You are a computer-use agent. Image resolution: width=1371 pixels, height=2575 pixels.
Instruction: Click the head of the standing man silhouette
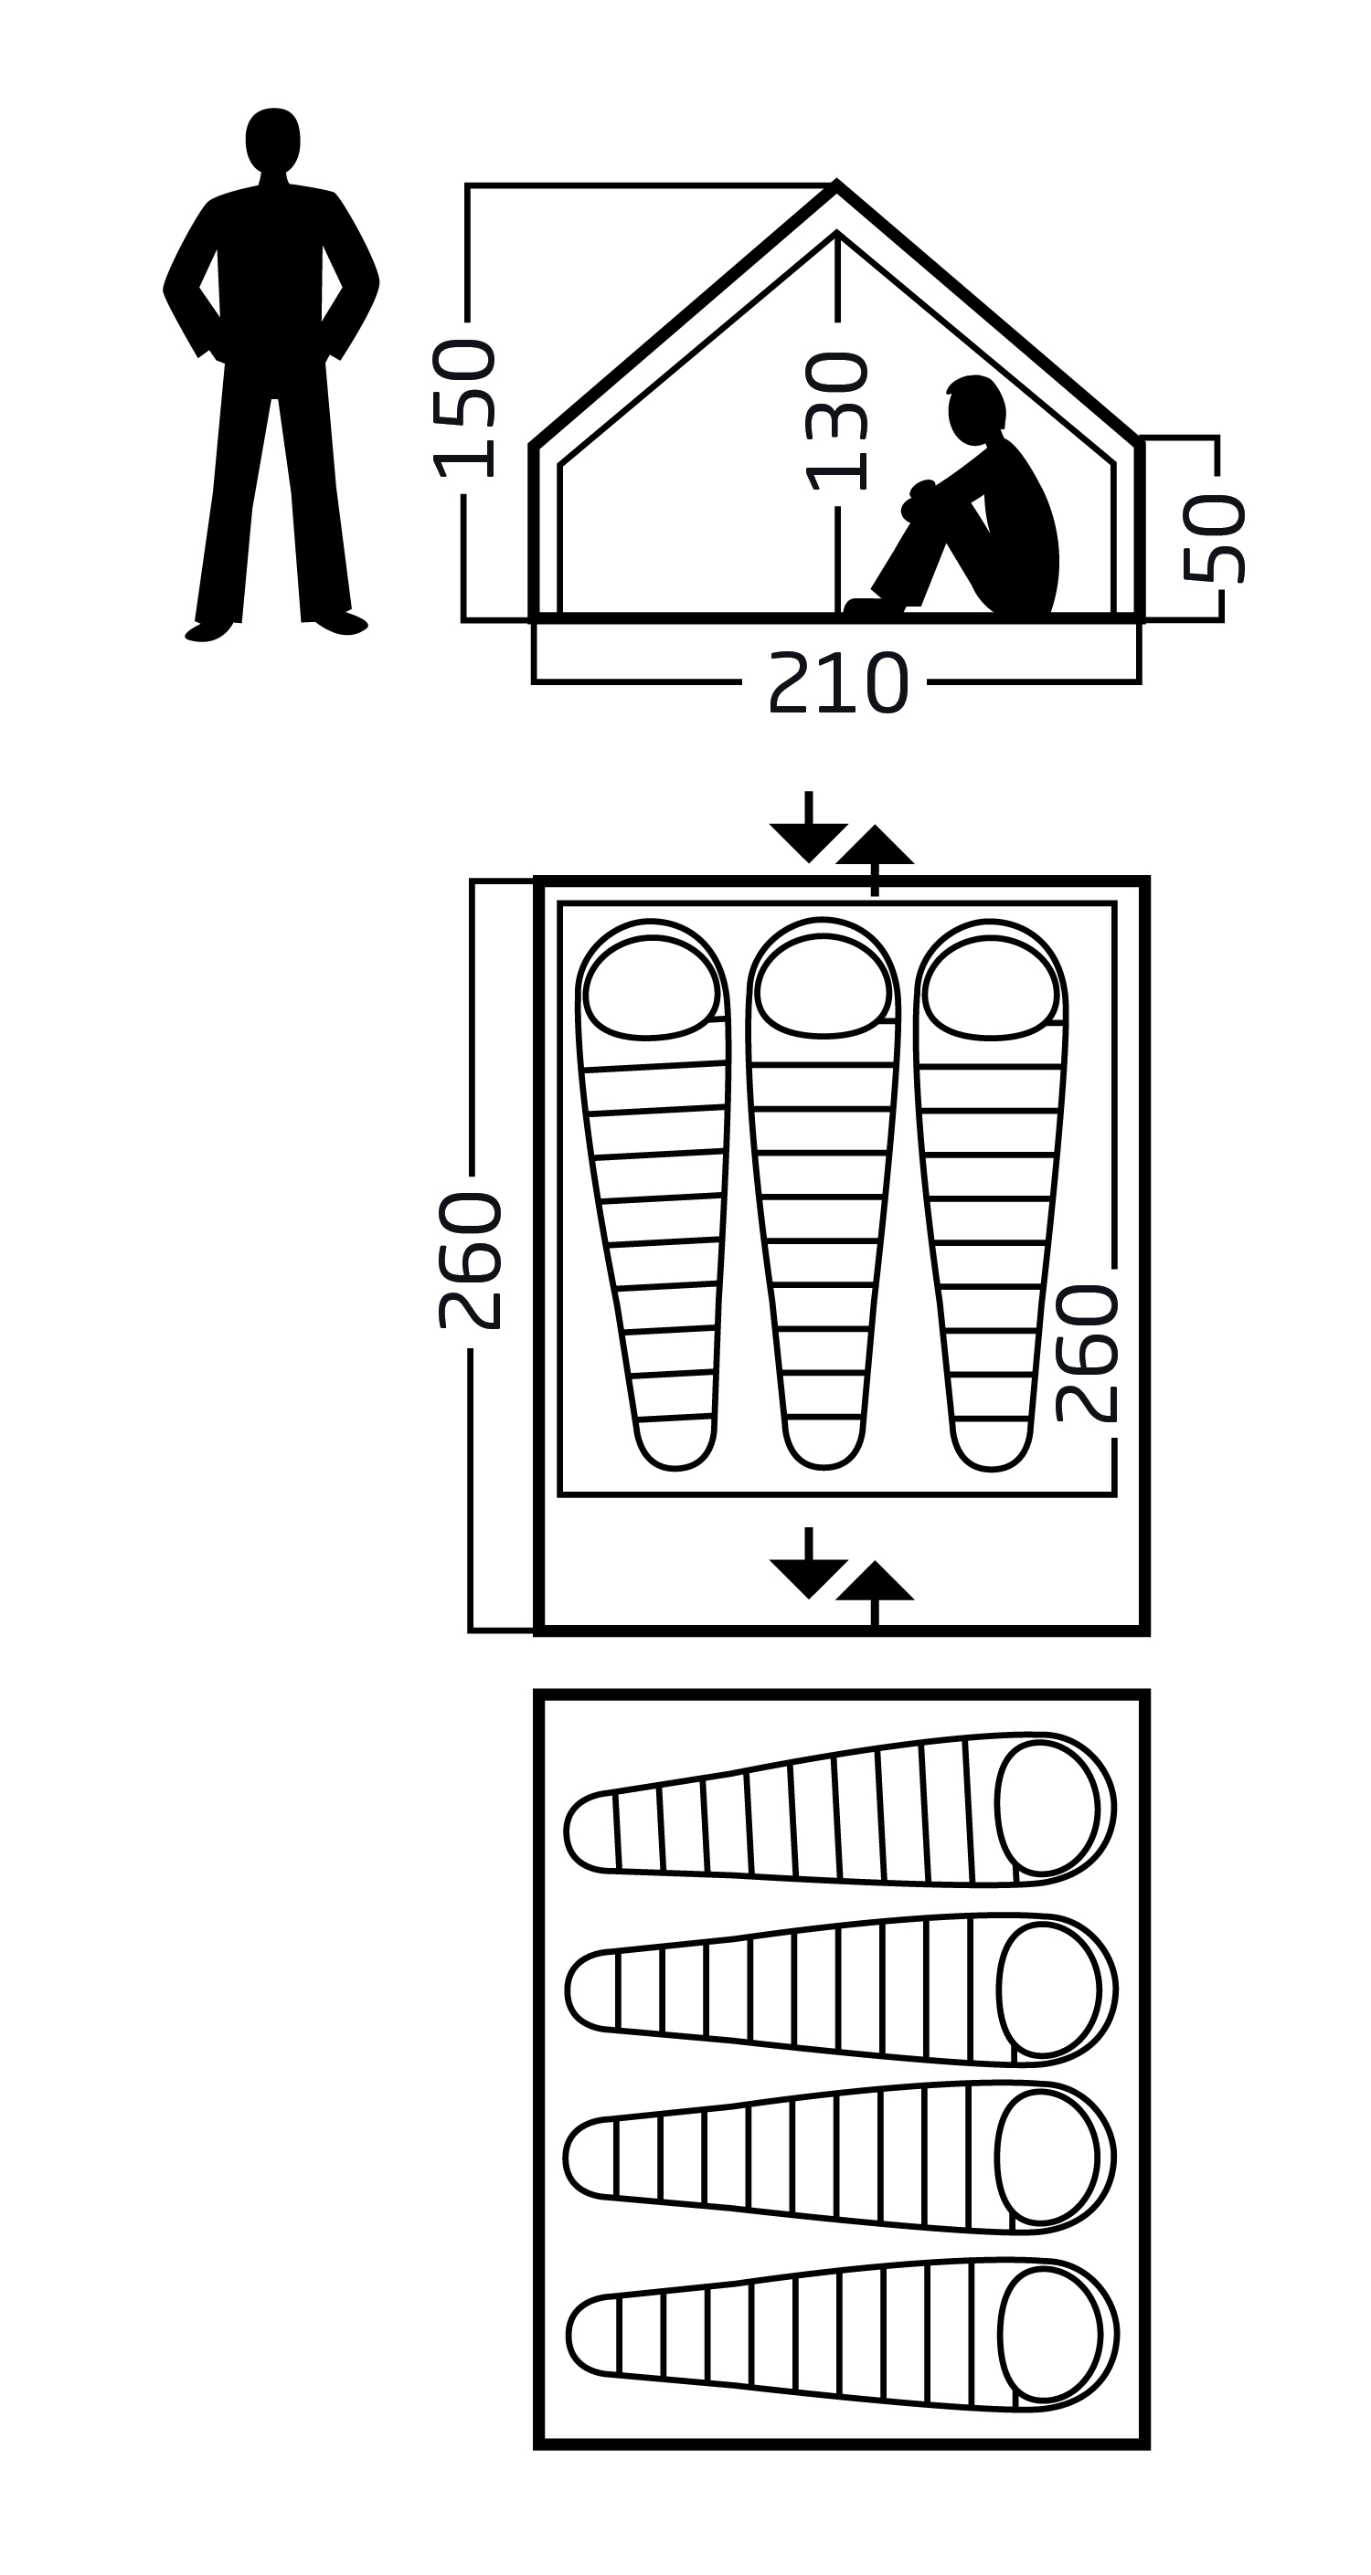pyautogui.click(x=272, y=139)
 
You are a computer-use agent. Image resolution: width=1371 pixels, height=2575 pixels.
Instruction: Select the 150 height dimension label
pyautogui.click(x=464, y=407)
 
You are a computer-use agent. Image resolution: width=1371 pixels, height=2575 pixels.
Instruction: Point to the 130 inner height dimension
pyautogui.click(x=837, y=421)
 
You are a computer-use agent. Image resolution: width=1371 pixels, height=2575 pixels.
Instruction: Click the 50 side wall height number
pyautogui.click(x=1214, y=538)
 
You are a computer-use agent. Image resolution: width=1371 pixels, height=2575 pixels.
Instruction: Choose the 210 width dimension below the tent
pyautogui.click(x=838, y=684)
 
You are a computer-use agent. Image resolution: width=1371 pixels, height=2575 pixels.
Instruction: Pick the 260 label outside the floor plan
pyautogui.click(x=470, y=1261)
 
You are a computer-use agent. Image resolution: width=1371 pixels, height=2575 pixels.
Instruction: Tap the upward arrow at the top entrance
pyautogui.click(x=875, y=855)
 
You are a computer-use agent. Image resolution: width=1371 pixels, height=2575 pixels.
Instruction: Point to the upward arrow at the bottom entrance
pyautogui.click(x=875, y=1590)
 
